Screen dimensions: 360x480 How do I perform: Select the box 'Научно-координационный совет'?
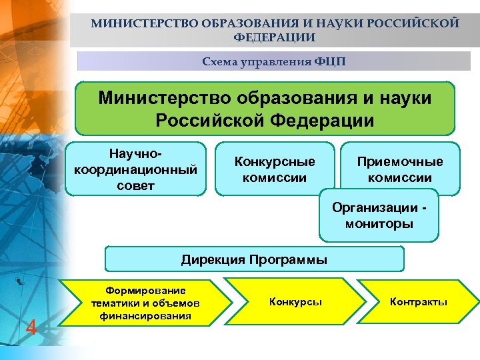tap(135, 168)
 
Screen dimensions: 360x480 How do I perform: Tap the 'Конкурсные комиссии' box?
tap(275, 169)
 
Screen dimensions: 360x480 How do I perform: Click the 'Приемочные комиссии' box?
tap(399, 169)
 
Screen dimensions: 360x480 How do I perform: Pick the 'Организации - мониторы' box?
tap(379, 215)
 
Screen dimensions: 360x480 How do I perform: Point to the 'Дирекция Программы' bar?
tap(254, 259)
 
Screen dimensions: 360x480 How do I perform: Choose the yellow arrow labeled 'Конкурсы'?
tap(295, 302)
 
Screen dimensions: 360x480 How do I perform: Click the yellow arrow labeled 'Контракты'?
tap(418, 302)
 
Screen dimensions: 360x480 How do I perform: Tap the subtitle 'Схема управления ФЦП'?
tap(274, 62)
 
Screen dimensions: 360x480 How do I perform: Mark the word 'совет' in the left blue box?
tap(135, 185)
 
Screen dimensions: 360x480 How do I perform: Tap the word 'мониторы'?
tap(379, 224)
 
